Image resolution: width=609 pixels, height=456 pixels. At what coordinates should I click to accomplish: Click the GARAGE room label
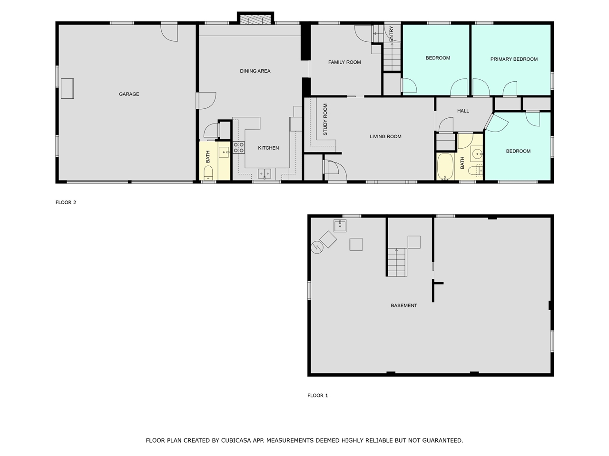coord(129,94)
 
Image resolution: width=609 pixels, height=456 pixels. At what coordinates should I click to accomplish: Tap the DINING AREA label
coord(255,71)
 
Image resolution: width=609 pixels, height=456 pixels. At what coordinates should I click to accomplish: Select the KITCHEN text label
coord(268,148)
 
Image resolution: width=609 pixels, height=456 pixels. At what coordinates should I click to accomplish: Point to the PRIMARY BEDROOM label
coord(514,59)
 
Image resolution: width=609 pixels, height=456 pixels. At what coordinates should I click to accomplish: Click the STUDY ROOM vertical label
coord(325,120)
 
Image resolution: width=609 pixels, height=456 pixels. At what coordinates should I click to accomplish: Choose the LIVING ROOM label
coord(385,136)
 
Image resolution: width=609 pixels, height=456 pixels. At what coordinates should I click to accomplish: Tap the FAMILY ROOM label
coord(344,62)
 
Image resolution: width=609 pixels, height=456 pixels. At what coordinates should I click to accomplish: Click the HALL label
coord(463,111)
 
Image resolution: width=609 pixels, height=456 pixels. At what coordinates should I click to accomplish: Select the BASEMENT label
coord(404,305)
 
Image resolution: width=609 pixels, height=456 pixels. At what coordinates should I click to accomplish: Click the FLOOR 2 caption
coord(66,202)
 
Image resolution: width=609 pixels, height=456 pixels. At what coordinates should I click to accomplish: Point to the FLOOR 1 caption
coord(318,395)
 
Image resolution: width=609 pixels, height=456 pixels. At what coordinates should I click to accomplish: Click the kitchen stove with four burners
coord(238,148)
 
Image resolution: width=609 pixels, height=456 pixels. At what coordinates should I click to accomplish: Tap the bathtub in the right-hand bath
coord(446,167)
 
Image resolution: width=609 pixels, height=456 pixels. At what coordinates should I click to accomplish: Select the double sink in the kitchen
coord(265,174)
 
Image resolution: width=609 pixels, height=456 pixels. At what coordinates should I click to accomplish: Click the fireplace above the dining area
coord(256,19)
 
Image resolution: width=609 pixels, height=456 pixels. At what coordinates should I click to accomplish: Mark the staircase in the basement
coord(396,263)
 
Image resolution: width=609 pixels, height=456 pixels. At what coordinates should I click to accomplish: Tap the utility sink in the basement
coord(341,225)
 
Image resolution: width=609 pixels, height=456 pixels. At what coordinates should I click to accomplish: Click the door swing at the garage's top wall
coord(169,32)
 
